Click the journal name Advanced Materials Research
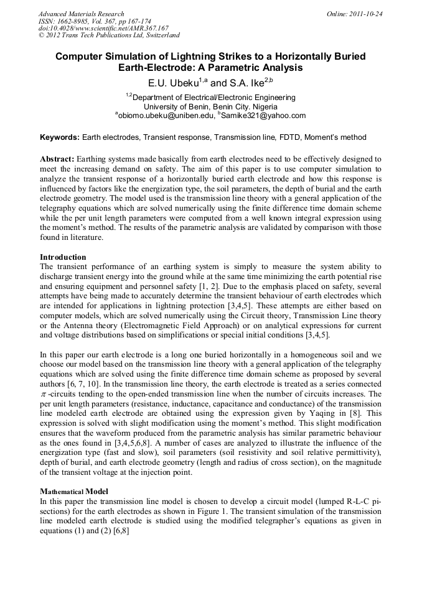pos(81,14)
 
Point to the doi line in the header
pos(103,29)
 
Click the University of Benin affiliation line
pos(210,106)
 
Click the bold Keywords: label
pos(60,137)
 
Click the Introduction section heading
pos(63,257)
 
